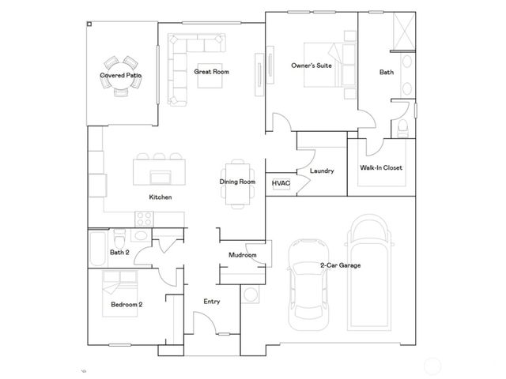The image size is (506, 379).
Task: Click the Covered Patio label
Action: [x=121, y=76]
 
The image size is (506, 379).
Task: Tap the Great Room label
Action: [x=211, y=72]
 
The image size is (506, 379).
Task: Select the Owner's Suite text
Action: [x=311, y=66]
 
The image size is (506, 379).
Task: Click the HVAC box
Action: [x=281, y=183]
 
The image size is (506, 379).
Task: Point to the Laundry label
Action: [x=322, y=171]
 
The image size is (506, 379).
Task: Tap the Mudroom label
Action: [x=242, y=255]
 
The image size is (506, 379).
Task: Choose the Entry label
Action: [x=212, y=301]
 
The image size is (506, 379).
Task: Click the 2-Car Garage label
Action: [x=340, y=265]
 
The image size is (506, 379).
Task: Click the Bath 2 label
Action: [x=119, y=253]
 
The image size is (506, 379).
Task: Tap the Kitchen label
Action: [x=160, y=197]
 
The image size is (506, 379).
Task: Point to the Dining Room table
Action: [x=238, y=182]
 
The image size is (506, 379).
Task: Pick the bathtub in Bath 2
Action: [x=98, y=251]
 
